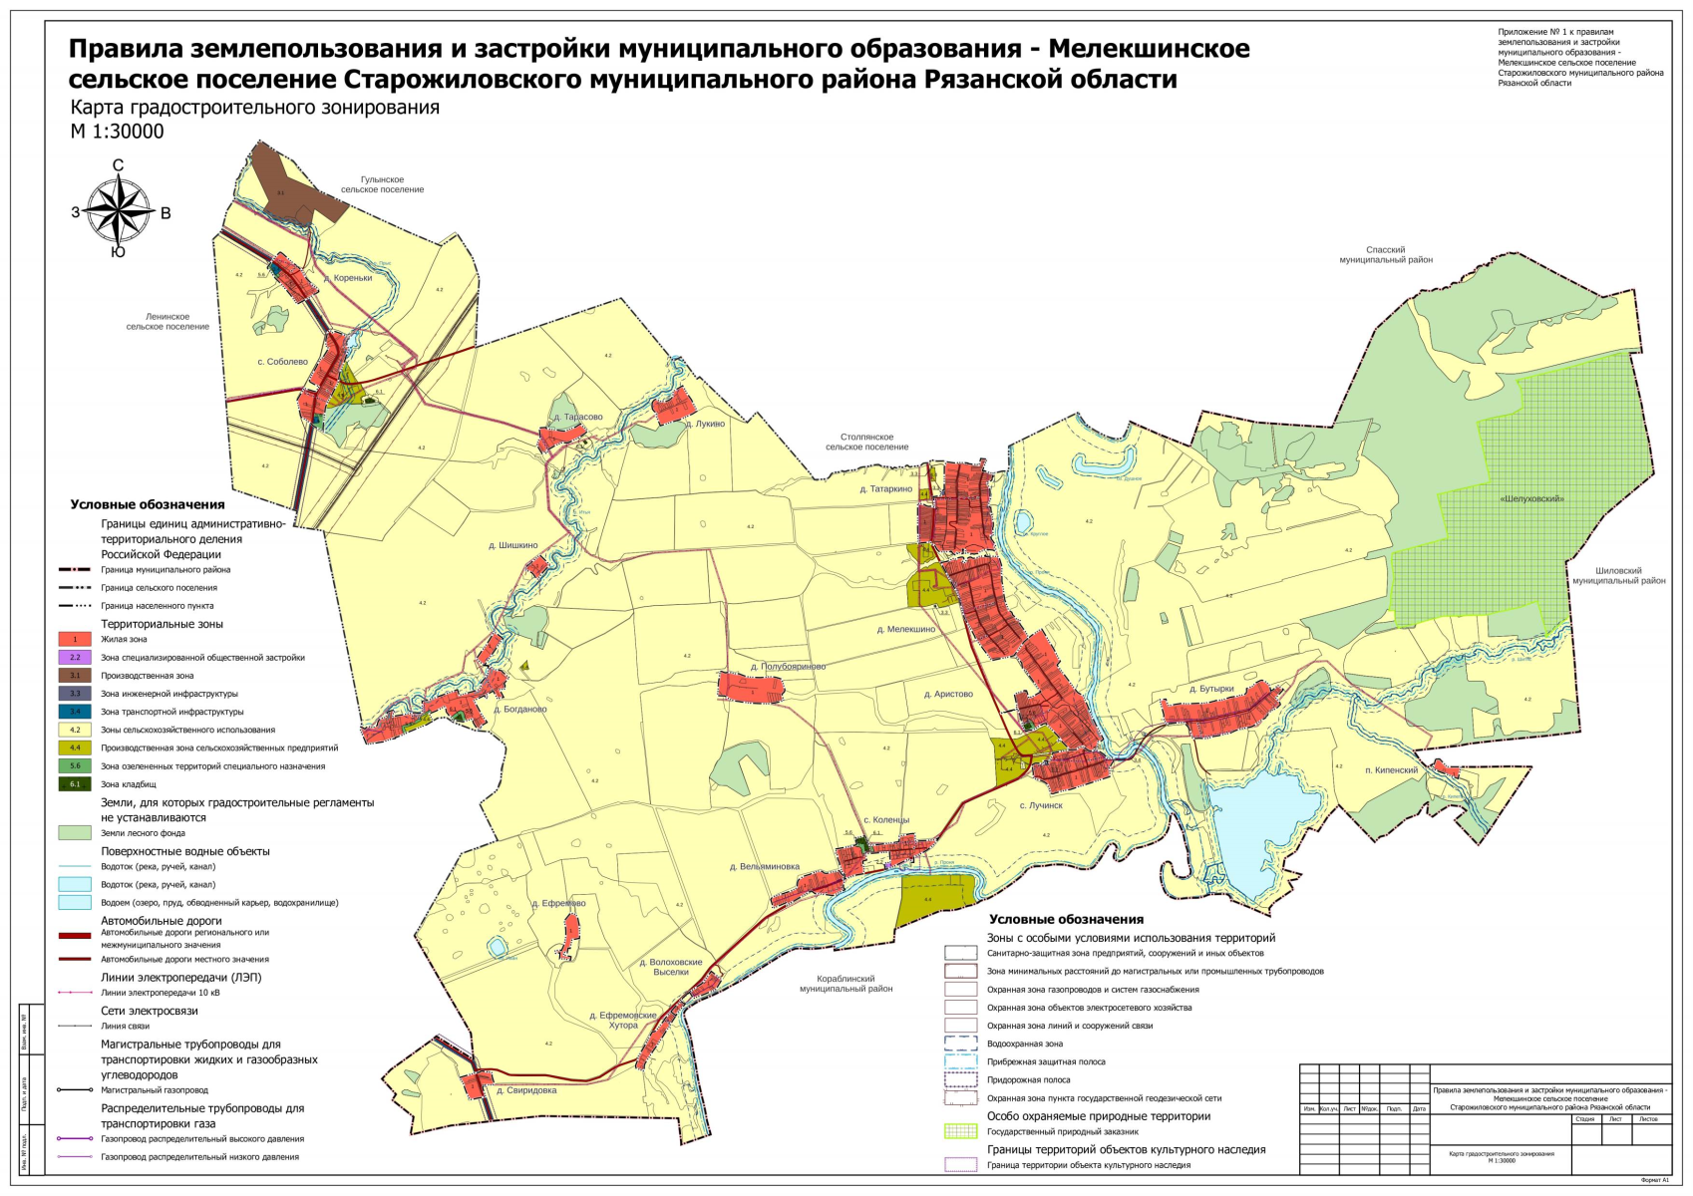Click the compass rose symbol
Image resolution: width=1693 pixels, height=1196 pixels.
119,211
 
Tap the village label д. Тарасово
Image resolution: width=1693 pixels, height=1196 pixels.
577,418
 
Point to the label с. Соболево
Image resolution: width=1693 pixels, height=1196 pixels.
282,362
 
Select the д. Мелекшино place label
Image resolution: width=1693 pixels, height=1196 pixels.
905,630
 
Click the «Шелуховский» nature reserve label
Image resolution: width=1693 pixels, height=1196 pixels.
1531,498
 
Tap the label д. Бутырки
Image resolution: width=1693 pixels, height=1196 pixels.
1211,689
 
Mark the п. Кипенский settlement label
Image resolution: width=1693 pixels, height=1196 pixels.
1391,770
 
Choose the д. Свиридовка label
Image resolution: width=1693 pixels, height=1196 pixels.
525,1090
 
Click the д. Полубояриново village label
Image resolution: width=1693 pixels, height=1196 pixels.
788,667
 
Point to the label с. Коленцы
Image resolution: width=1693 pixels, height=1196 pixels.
885,820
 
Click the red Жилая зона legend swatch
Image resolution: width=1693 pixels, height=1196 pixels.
75,640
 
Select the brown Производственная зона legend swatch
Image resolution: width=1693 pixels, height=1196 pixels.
75,676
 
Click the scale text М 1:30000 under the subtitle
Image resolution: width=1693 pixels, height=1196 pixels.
117,132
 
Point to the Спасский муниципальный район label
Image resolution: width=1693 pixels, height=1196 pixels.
1385,255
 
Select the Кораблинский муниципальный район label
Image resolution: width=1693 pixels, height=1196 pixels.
846,984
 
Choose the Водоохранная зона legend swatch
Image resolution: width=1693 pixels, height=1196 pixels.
960,1044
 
